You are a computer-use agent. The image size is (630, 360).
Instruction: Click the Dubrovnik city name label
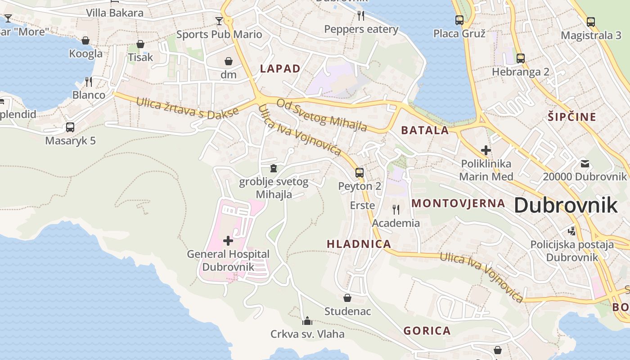coord(566,205)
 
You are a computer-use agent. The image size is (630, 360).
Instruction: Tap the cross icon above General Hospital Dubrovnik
coord(228,241)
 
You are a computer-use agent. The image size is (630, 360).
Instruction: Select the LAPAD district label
coord(280,68)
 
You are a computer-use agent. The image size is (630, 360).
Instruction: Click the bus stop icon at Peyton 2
coord(359,172)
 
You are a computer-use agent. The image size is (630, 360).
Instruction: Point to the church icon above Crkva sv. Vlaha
coord(307,321)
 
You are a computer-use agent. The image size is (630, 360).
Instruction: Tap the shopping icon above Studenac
coord(347,298)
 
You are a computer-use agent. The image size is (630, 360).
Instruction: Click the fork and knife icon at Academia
coord(396,209)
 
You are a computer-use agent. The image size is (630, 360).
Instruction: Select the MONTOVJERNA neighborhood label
coord(458,203)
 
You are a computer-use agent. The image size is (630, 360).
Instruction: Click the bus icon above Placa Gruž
coord(459,20)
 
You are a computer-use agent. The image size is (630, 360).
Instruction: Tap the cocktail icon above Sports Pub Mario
coord(219,21)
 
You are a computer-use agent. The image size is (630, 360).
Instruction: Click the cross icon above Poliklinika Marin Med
coord(486,150)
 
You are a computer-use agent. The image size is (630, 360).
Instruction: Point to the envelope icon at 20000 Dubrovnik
coord(585,163)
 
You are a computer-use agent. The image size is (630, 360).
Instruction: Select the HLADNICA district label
coord(359,244)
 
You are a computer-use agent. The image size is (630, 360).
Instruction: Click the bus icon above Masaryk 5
coord(70,127)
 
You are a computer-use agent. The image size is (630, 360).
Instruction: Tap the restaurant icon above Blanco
coord(89,81)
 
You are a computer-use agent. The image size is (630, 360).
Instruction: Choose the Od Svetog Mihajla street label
coord(322,115)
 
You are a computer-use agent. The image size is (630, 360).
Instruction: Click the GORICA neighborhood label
coord(427,331)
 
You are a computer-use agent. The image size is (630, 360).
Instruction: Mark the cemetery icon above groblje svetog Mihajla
coord(273,168)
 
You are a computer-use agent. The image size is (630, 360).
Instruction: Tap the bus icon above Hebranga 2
coord(521,58)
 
